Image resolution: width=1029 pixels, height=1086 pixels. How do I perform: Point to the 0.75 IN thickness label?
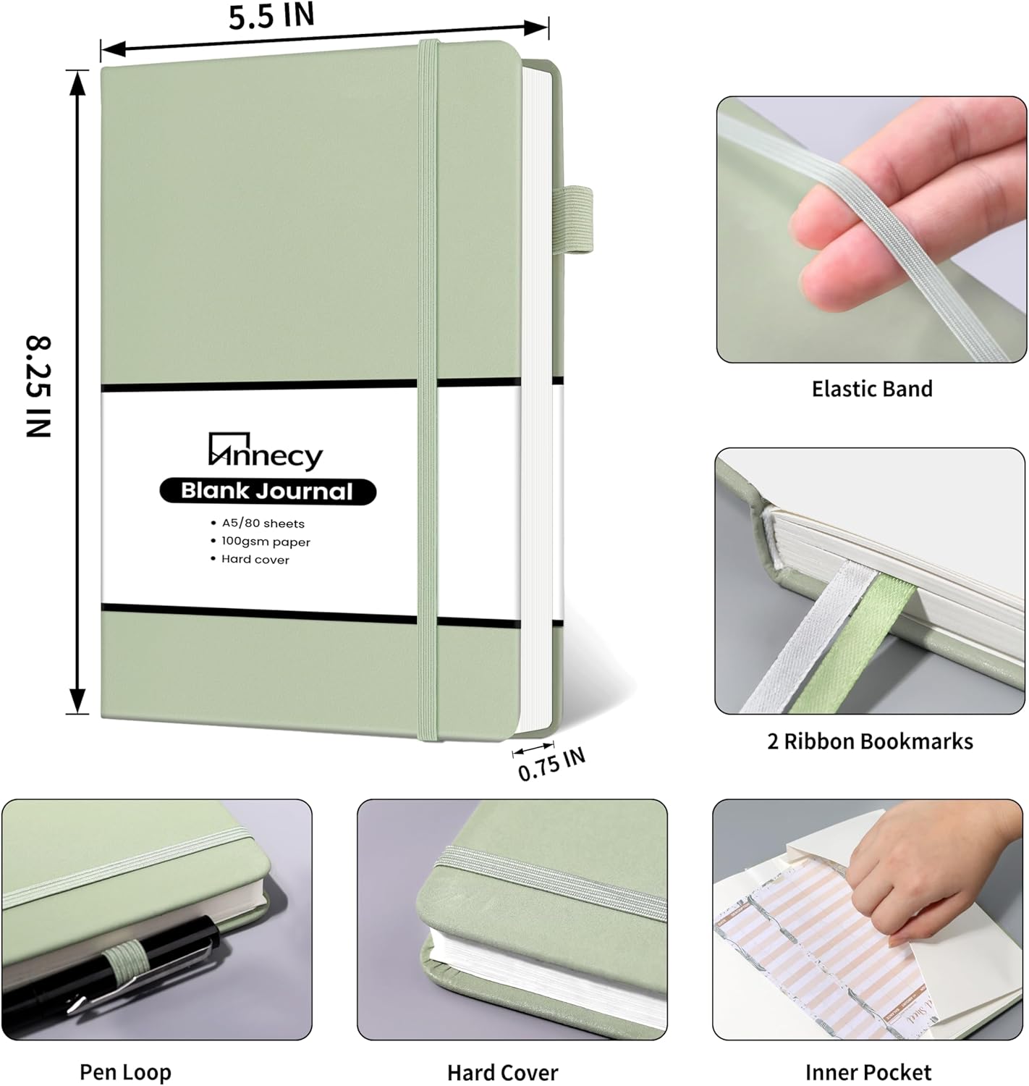coord(551,765)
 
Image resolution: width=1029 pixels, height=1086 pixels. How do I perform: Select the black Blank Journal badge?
coord(267,492)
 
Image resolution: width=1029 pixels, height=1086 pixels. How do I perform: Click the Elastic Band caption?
coord(871,389)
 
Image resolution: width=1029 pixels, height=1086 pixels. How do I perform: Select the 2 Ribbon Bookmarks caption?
coord(870,741)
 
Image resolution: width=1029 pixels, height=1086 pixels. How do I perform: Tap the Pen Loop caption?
coord(125,1072)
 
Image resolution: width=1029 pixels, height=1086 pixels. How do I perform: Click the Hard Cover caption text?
coord(502,1072)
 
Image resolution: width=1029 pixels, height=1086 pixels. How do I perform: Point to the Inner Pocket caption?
coord(868,1072)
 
